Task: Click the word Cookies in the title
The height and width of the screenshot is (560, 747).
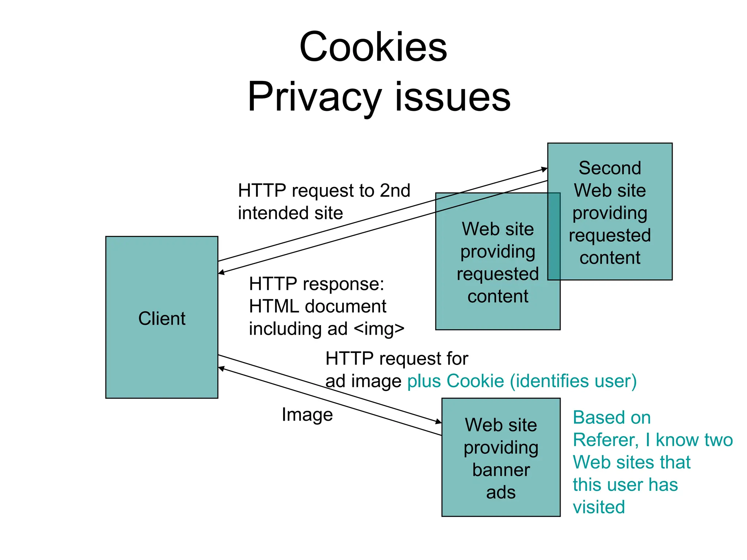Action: pos(373,47)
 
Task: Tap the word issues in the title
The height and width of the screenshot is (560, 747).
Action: pos(452,97)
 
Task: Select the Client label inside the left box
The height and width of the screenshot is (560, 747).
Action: pos(162,318)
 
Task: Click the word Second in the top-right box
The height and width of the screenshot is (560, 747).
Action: pos(609,168)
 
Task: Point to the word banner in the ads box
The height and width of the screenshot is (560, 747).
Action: pos(501,470)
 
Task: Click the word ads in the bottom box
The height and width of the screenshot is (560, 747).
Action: pos(500,493)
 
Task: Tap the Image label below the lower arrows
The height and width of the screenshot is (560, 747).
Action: pos(307,415)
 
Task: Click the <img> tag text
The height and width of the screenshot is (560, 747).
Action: pos(379,328)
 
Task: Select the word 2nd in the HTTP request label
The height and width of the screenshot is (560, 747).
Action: pos(395,191)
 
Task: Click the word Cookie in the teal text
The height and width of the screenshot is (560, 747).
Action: pos(475,381)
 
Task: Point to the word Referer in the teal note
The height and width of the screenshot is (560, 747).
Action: pos(605,440)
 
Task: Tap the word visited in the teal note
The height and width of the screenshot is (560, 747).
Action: pos(599,507)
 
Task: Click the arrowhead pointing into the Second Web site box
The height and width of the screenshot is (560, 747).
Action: pos(544,169)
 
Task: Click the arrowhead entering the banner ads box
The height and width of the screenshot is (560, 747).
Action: pos(439,422)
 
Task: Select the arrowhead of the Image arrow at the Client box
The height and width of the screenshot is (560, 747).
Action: pos(221,369)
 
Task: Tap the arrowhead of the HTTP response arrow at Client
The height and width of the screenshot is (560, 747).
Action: pos(221,272)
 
